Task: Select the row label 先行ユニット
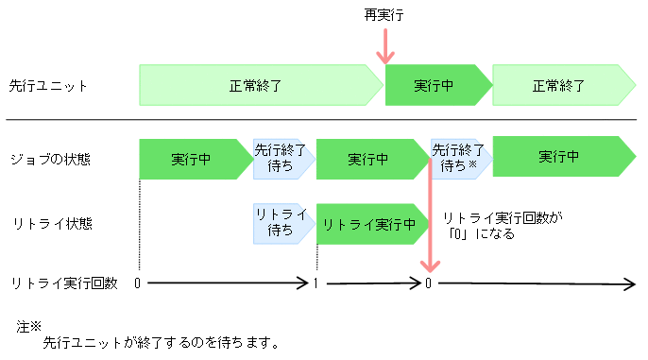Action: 48,85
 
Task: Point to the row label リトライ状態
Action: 43,224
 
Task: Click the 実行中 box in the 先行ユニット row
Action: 435,85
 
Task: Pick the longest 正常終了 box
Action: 256,85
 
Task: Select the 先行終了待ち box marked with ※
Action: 459,158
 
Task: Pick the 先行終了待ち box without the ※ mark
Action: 281,158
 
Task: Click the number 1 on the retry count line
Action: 315,283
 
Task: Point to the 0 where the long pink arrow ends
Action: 430,283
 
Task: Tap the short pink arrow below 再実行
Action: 384,47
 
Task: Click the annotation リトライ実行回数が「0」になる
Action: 502,225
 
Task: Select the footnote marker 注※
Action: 29,326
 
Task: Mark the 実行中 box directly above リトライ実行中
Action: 367,158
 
